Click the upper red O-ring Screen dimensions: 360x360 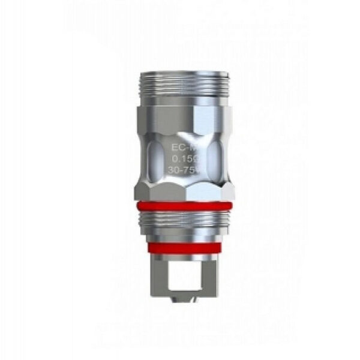tap(184, 205)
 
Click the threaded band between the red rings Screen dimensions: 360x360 tap(184, 225)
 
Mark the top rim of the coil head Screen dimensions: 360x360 tap(184, 74)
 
